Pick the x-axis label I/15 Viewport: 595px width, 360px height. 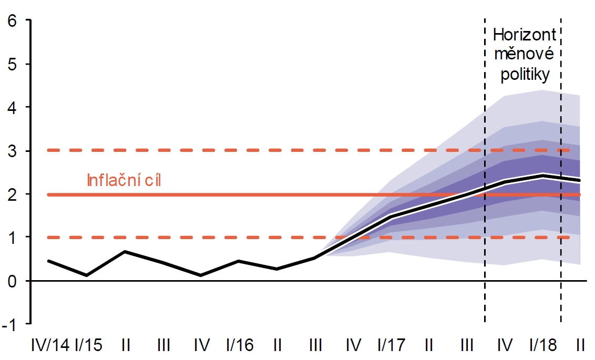pos(88,345)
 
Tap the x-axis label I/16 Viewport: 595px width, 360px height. pos(240,345)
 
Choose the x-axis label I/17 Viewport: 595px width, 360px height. pos(391,345)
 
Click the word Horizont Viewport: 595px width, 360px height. pos(525,36)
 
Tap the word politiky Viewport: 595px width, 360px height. pos(525,74)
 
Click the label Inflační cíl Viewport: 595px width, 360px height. pos(123,181)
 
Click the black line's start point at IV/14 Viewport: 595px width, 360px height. pos(48,261)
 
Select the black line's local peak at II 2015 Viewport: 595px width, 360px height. pos(125,252)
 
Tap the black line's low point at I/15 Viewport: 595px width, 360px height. pos(87,275)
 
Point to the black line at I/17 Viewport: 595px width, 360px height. pos(391,216)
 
